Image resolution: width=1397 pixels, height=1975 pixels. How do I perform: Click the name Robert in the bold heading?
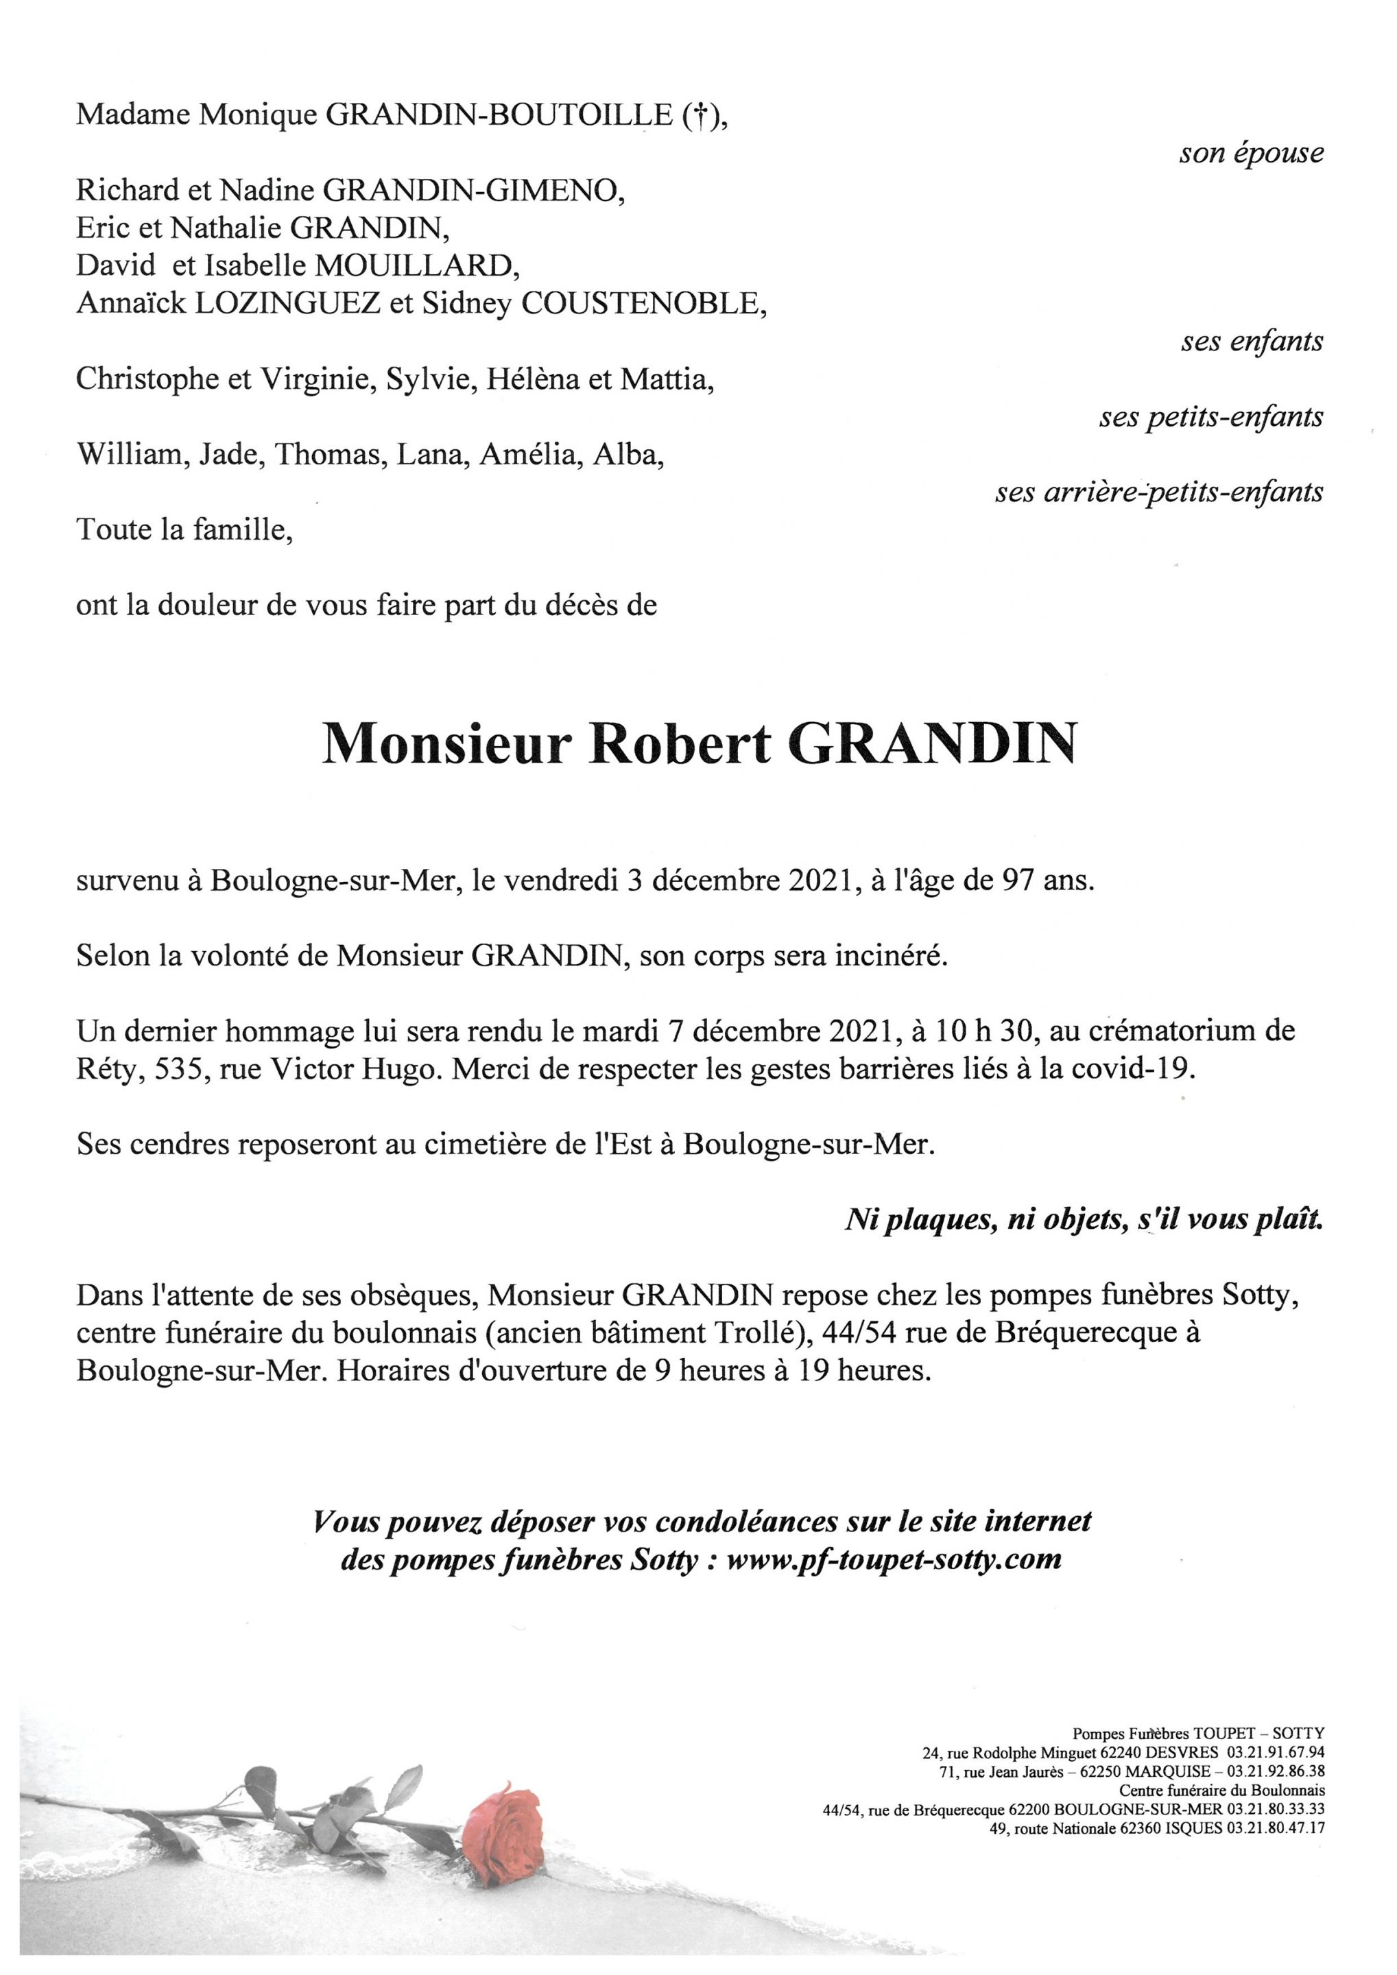tap(679, 745)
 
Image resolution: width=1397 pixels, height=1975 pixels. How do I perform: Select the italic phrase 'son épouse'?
tap(1251, 154)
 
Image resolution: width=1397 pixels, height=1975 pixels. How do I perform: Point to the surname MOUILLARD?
tap(416, 266)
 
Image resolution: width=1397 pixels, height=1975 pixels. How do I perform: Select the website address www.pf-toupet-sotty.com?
tap(894, 1557)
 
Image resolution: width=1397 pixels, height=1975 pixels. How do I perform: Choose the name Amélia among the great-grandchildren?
tap(521, 455)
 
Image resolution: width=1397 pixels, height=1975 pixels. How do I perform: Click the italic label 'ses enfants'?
tap(1252, 342)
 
